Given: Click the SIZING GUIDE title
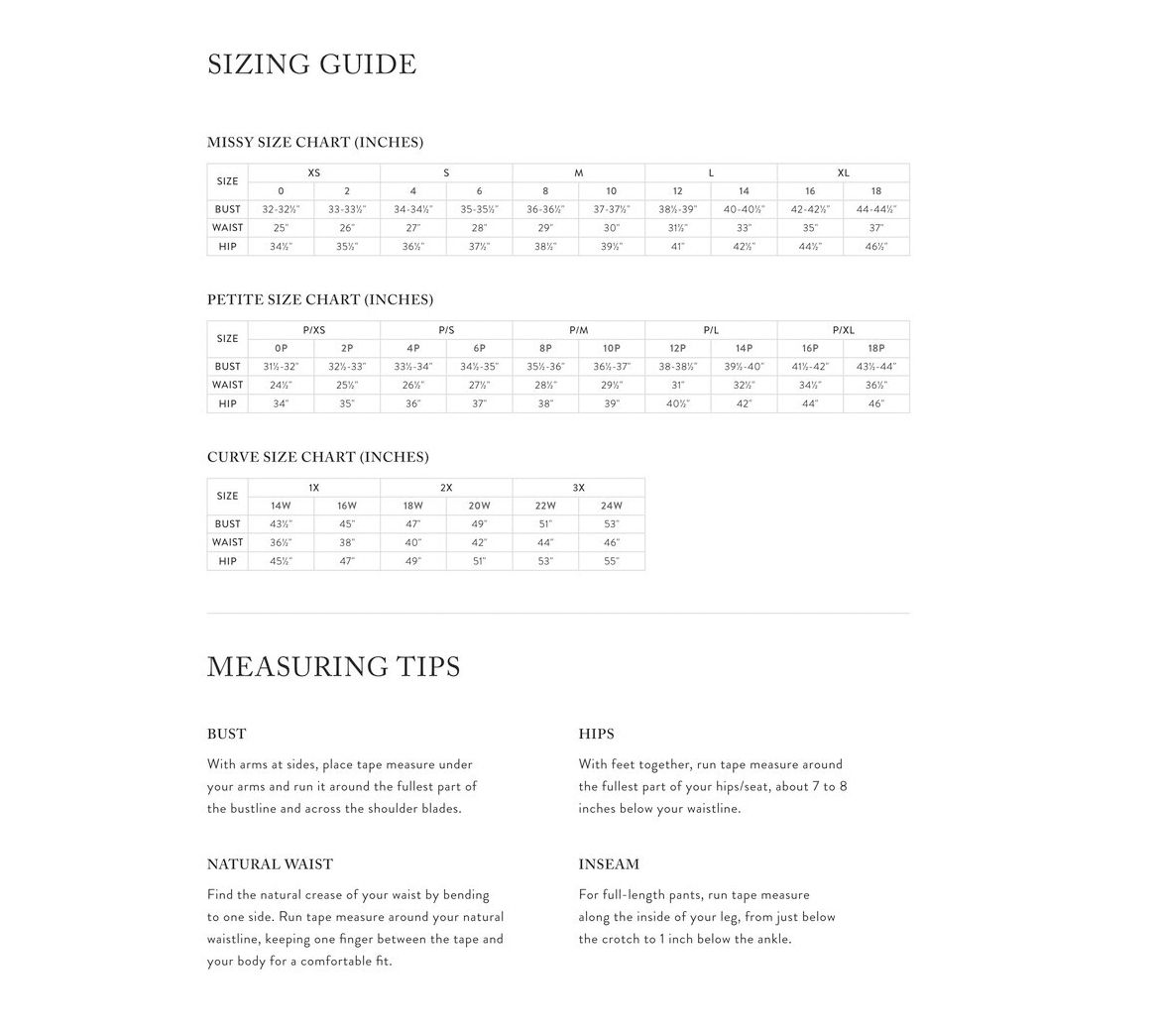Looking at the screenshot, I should pyautogui.click(x=311, y=64).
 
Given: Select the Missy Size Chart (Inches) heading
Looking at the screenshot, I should pyautogui.click(x=315, y=142).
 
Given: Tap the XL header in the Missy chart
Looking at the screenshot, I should pyautogui.click(x=843, y=172).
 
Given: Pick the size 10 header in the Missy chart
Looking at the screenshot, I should pyautogui.click(x=611, y=191).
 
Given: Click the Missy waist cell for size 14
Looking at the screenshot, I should pyautogui.click(x=744, y=228).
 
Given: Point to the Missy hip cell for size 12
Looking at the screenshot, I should pyautogui.click(x=677, y=247).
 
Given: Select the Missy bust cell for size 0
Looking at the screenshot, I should pyautogui.click(x=281, y=210).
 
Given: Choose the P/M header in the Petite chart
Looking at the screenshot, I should pyautogui.click(x=578, y=330).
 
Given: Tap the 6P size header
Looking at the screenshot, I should pyautogui.click(x=479, y=349).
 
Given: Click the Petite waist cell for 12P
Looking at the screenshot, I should pyautogui.click(x=677, y=385).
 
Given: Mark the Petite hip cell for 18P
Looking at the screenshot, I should pyautogui.click(x=875, y=403).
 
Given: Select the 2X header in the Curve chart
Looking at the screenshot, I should pyautogui.click(x=446, y=488).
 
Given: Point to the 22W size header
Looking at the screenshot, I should pyautogui.click(x=545, y=507).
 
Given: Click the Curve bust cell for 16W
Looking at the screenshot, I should pyautogui.click(x=347, y=524).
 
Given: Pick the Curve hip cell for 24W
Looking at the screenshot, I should pyautogui.click(x=611, y=561).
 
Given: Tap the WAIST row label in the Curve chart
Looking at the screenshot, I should pyautogui.click(x=227, y=542).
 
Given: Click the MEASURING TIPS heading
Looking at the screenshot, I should pyautogui.click(x=333, y=667).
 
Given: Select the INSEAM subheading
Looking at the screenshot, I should pyautogui.click(x=609, y=864).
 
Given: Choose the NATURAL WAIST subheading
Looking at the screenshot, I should pyautogui.click(x=270, y=864).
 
